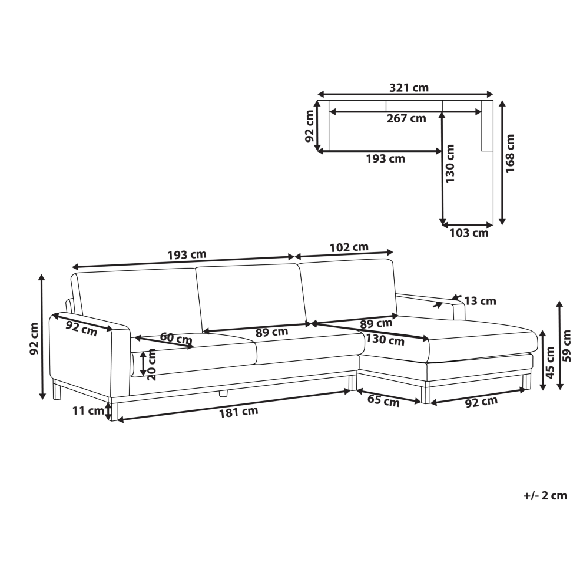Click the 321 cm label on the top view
[409, 88]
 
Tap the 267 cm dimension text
[406, 118]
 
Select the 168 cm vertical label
[510, 153]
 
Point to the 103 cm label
[469, 233]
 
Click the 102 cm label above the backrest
[349, 247]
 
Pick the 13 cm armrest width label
[481, 301]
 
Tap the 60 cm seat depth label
[176, 338]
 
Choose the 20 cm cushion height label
[152, 365]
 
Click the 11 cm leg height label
[88, 411]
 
